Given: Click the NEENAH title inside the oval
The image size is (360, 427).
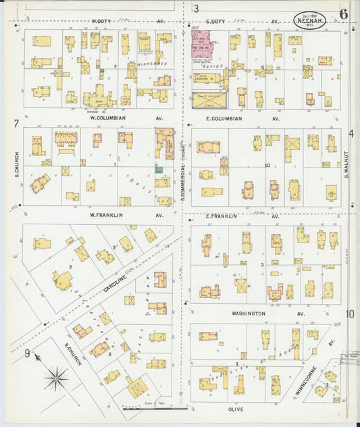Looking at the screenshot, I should pos(310,21).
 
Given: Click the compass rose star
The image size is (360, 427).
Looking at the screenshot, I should pos(58,376).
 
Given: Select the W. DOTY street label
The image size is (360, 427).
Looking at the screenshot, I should pos(101,22).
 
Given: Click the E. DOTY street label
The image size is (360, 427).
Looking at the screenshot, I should pos(215,22).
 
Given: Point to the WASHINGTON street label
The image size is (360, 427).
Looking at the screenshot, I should pos(248,313).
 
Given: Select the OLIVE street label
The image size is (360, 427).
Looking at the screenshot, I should pos(236,409).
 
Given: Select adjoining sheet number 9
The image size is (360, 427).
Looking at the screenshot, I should pos(27,353).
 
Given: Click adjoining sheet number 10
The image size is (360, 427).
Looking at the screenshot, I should pos(350,313).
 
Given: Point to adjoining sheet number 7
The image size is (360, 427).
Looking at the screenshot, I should pos(15,124).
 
